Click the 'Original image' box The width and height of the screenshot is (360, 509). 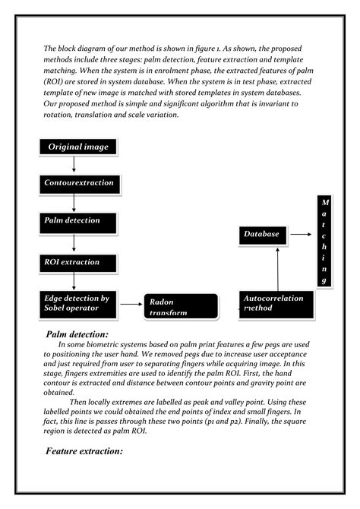tap(79, 147)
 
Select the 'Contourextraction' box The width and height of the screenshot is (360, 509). tap(79, 183)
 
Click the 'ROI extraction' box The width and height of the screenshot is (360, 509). tap(79, 263)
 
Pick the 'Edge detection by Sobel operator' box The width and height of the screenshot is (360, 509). tap(79, 302)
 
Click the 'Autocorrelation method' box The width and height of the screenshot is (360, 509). tap(274, 303)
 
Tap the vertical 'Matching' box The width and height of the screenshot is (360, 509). tap(325, 242)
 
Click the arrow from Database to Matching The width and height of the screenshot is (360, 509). tap(300, 236)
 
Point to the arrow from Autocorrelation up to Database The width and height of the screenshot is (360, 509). tap(278, 267)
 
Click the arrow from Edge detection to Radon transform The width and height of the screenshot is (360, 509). tap(131, 304)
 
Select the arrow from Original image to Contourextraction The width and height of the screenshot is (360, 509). tap(74, 165)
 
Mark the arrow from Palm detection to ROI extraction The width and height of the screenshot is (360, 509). tap(74, 242)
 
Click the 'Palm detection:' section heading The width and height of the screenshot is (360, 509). tap(77, 334)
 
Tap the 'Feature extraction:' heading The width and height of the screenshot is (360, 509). tap(84, 451)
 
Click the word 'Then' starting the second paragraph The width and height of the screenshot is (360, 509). tap(79, 402)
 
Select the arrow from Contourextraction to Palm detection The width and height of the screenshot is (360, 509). tap(74, 202)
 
